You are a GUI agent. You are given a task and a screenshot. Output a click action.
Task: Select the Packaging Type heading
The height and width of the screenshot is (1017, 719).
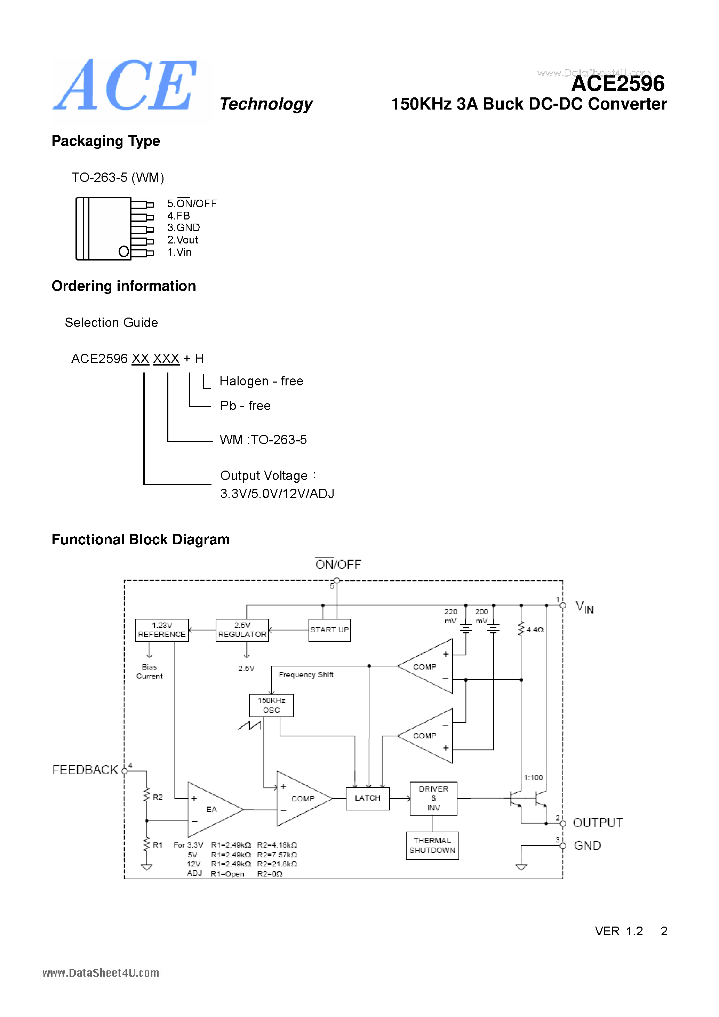tap(106, 141)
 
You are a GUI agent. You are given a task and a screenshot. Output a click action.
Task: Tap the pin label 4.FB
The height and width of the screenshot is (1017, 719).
tap(178, 216)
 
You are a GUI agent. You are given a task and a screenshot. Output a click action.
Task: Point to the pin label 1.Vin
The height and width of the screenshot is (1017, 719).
tap(179, 252)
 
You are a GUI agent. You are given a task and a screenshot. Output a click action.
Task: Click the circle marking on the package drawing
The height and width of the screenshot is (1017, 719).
tap(123, 251)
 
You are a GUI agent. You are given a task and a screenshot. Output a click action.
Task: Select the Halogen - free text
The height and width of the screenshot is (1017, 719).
tap(261, 381)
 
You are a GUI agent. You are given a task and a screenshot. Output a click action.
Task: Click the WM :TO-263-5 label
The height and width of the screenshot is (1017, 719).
tap(263, 439)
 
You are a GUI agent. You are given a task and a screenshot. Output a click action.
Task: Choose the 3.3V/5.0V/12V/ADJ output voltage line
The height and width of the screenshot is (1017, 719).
tap(277, 494)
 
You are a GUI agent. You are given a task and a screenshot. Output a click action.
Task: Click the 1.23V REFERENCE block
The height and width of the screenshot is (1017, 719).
tap(162, 630)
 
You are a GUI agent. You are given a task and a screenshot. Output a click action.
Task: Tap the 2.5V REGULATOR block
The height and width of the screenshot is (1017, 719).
tap(242, 630)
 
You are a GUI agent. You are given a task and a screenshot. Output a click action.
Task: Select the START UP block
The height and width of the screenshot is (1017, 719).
tap(329, 630)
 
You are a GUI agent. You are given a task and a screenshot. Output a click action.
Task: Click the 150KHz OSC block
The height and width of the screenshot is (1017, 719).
tap(271, 705)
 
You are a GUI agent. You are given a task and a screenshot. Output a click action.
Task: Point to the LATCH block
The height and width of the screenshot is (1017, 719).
tap(367, 798)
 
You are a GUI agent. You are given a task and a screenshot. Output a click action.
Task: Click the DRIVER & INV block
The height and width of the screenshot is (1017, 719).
tap(433, 798)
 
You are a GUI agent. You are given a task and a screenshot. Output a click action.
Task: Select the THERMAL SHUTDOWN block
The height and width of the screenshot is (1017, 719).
tap(432, 845)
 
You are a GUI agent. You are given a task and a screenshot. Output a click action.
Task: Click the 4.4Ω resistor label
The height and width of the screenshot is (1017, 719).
tap(535, 630)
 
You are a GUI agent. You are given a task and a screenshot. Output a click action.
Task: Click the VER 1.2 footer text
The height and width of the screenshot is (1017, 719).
tap(618, 931)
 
